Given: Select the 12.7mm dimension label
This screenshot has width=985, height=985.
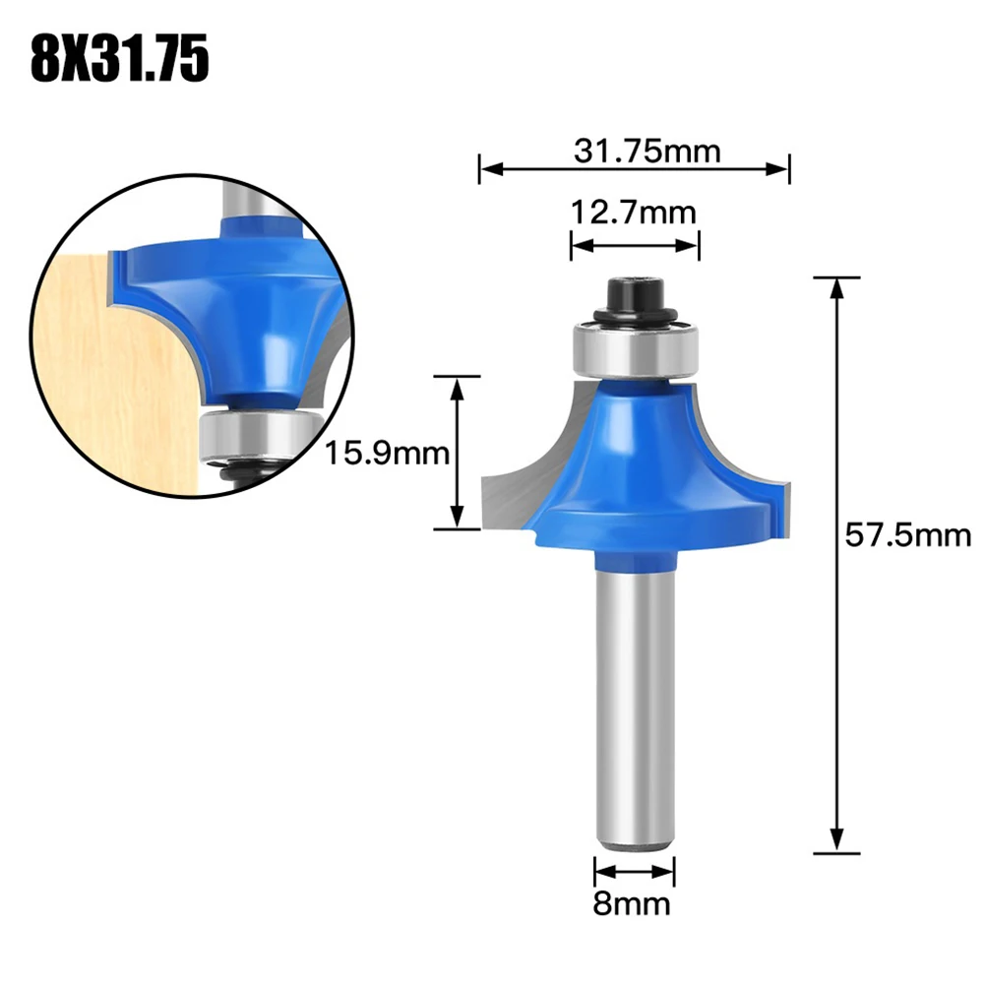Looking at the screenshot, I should click(634, 212).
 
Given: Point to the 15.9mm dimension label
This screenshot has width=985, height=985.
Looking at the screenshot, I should click(387, 454).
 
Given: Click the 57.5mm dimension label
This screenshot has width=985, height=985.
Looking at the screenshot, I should click(907, 535).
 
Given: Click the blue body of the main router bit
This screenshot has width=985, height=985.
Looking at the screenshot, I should click(640, 462).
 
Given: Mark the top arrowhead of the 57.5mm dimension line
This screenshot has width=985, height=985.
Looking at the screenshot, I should click(836, 288).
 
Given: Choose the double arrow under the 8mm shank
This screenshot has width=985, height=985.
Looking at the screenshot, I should click(635, 870).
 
